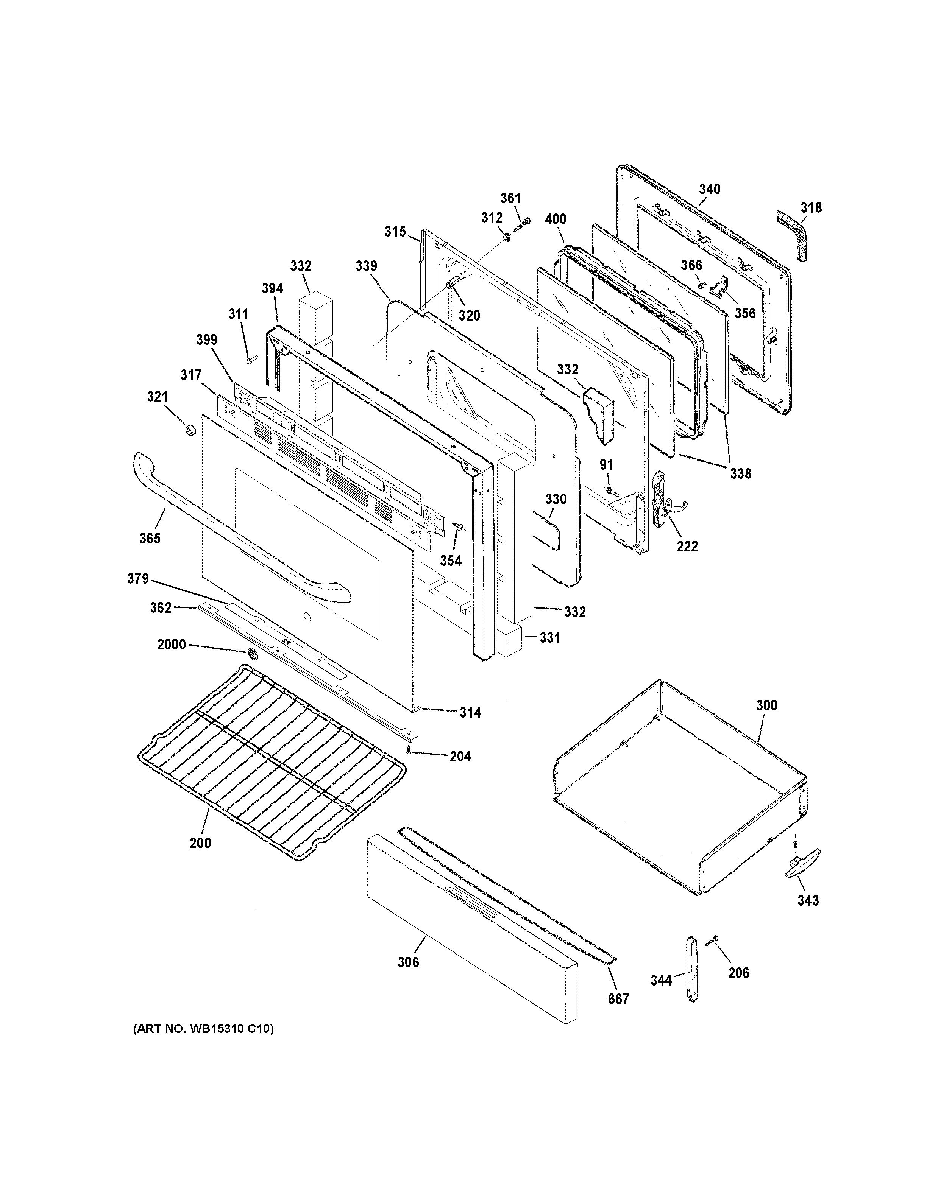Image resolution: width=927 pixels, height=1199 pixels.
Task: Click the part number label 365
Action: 149,538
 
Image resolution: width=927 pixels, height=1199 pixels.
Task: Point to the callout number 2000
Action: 171,645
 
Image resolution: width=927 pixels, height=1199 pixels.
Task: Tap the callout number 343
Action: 808,900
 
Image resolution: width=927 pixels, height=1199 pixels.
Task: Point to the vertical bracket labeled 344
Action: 691,970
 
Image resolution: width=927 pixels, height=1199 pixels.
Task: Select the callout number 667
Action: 618,999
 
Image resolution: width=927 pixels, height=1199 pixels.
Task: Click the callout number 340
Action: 710,189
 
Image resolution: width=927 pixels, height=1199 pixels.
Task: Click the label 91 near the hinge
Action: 606,465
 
